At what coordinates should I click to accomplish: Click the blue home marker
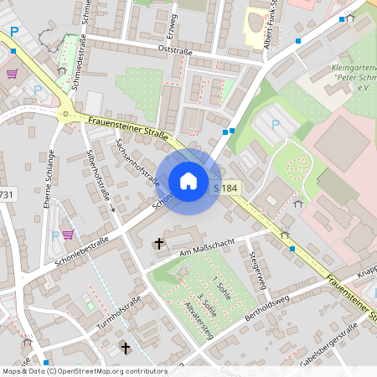click(188, 181)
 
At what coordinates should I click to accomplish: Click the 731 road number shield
click(6, 194)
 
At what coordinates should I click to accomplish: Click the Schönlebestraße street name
click(81, 249)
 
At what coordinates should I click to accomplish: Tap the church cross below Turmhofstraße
click(126, 347)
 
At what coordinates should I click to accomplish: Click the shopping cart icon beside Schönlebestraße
click(67, 235)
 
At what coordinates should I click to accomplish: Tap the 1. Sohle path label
click(221, 287)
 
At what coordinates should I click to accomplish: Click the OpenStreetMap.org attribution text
click(109, 370)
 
